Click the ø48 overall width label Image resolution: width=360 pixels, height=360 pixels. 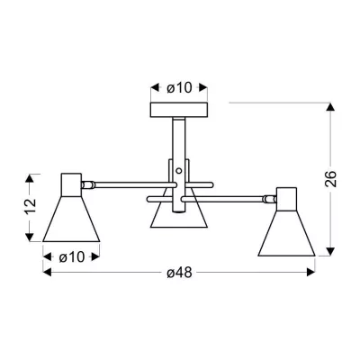[179, 273]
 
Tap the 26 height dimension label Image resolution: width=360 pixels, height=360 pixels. [330, 179]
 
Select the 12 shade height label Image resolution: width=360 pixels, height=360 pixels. [30, 206]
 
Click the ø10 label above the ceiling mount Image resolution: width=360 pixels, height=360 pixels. [179, 88]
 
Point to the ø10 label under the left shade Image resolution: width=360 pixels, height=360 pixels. [72, 256]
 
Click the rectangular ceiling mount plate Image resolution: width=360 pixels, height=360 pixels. [179, 110]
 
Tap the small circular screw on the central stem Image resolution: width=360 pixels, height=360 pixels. [179, 171]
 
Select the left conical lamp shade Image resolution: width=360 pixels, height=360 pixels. [71, 219]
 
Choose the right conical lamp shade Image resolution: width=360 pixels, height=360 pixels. [286, 233]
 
